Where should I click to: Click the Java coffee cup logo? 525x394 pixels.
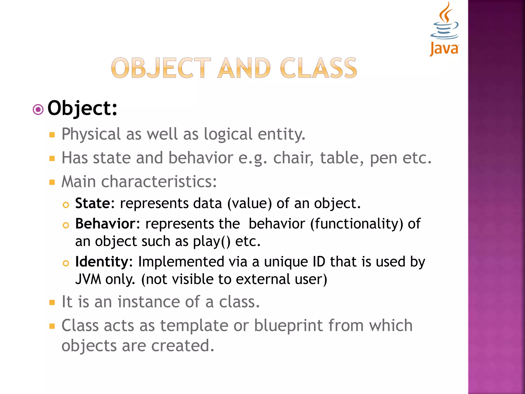pos(445,28)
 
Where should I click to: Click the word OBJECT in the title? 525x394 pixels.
pos(161,68)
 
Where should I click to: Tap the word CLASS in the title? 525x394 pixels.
pos(318,68)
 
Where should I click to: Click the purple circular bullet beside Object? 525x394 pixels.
pos(38,110)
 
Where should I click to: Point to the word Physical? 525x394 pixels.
pos(91,134)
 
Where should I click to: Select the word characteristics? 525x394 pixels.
pos(159,182)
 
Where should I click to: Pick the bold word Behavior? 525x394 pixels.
pos(105,224)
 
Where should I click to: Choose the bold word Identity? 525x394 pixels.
pos(102,262)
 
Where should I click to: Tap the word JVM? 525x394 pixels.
pos(88,279)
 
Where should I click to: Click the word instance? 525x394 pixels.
pos(149,302)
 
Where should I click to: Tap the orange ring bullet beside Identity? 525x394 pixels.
pos(66,263)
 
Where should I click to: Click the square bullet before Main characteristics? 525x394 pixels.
pos(52,182)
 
